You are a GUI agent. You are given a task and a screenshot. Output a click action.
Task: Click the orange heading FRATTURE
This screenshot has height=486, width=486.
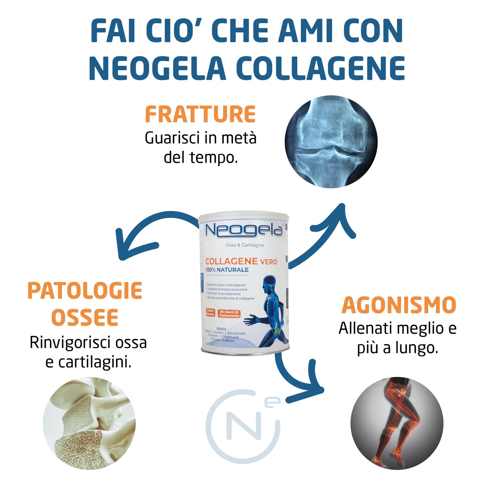pos(200,115)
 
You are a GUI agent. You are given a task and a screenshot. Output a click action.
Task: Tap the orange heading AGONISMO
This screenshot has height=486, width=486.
pos(399,305)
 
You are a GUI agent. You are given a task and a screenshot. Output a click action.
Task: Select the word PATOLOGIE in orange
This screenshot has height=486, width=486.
pos(85,291)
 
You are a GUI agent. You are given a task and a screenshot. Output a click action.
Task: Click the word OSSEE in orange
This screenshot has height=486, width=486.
pos(85,317)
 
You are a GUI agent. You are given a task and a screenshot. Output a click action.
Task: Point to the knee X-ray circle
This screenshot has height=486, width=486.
pos(331,142)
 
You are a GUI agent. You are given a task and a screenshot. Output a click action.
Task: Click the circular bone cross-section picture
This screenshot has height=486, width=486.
pos(89,423)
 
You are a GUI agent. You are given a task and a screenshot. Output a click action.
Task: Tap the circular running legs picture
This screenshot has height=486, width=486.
pos(397,423)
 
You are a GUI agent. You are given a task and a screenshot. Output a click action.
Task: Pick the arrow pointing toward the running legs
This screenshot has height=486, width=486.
pos(296,380)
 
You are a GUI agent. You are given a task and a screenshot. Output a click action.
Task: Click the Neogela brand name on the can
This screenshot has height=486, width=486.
pos(244,230)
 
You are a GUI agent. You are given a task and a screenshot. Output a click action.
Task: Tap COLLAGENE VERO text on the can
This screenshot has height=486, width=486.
pos(241,261)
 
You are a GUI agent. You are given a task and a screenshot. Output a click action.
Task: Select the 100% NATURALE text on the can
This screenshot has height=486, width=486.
pos(227,270)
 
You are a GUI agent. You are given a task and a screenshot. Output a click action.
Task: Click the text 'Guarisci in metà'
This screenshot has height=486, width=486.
pos(200,138)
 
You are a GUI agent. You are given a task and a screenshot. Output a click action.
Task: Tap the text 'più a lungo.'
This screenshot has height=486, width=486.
pos(398,348)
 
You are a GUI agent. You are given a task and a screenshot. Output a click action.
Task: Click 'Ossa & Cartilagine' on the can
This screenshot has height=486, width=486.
pos(245,245)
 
